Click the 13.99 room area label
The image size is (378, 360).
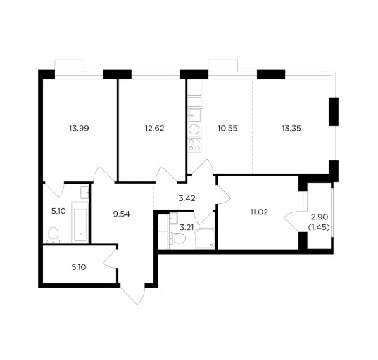pos(79,128)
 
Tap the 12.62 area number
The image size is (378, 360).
pos(155,128)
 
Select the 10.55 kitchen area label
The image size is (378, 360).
pos(227,128)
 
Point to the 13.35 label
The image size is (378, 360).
pos(291,128)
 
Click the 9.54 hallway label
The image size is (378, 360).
pos(122,214)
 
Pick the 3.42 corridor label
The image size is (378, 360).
pos(187,198)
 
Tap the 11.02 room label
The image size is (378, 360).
pos(259,212)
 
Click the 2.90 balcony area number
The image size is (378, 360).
pos(320,217)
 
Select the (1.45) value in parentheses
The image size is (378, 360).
pos(319,227)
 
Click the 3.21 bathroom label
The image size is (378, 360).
pos(187,227)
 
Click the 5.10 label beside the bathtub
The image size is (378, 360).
pos(58,211)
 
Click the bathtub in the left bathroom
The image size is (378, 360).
pos(80,222)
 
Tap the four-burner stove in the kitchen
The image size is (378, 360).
pos(194,144)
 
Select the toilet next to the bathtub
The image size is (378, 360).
pos(53,236)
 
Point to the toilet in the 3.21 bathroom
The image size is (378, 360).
pos(177,238)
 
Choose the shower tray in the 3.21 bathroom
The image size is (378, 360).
pos(204,238)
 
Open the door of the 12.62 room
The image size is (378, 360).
pos(166,175)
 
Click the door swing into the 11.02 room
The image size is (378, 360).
pos(223,195)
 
